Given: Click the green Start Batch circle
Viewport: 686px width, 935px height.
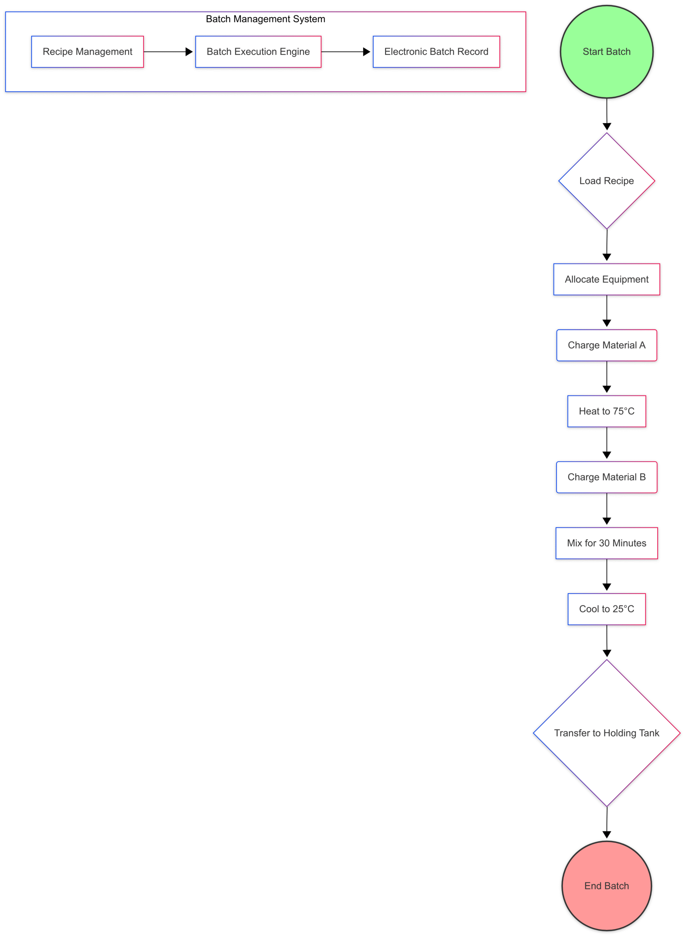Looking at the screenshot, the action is coord(606,51).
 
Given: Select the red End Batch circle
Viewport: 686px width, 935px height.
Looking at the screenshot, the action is coord(606,886).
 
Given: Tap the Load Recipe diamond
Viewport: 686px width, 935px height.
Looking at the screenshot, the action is coord(606,181).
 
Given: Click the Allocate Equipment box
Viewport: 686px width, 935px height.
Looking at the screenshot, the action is coord(606,279).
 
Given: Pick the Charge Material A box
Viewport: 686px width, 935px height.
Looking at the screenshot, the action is coord(606,346).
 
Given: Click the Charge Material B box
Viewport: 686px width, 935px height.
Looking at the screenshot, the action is coord(606,477).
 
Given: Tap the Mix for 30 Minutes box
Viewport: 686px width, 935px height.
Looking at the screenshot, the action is coord(606,543).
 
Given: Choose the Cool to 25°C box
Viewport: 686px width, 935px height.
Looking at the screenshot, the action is coord(606,609).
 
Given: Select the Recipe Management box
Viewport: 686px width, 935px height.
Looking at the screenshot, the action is coord(88,51).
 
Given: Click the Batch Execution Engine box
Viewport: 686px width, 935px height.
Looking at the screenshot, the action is coord(258,51).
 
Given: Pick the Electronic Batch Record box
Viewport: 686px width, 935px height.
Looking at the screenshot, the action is coord(436,51).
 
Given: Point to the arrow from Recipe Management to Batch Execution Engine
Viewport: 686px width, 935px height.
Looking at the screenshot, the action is coord(168,52).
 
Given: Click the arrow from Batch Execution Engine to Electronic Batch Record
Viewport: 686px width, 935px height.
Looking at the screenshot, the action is coord(346,52).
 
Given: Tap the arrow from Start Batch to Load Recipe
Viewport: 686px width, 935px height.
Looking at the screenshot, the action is coord(607,114).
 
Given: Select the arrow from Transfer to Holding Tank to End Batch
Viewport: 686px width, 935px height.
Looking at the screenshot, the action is coord(607,823).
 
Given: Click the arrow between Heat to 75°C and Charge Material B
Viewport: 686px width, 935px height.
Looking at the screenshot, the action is coord(607,443).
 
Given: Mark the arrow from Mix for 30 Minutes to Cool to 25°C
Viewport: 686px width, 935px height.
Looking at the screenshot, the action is coord(607,575).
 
